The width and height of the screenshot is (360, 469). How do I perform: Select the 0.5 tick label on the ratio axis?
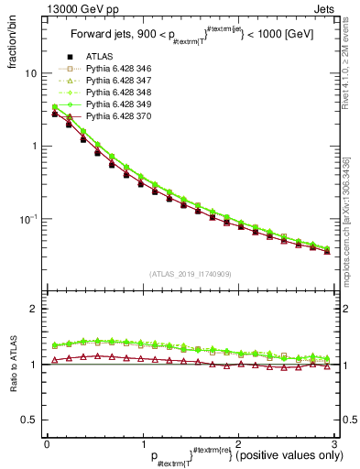(x=29, y=420)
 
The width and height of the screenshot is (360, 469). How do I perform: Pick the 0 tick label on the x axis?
(x=47, y=444)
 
